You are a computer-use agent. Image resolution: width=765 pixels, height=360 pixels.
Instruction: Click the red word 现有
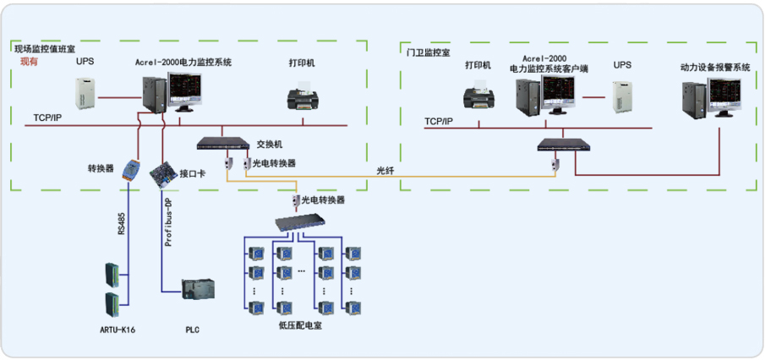29,63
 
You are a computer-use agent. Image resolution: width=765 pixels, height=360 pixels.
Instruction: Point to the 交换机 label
269,145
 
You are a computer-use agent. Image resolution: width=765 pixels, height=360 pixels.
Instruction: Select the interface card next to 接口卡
160,175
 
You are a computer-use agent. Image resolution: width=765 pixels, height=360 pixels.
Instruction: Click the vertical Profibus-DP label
167,225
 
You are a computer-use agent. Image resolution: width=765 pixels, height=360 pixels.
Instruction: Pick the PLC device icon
199,288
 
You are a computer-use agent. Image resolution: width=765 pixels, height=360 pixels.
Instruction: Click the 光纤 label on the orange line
385,172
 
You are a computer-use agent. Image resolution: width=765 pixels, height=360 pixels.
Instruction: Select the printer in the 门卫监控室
478,97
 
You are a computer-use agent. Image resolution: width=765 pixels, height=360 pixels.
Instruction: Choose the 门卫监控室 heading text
427,52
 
